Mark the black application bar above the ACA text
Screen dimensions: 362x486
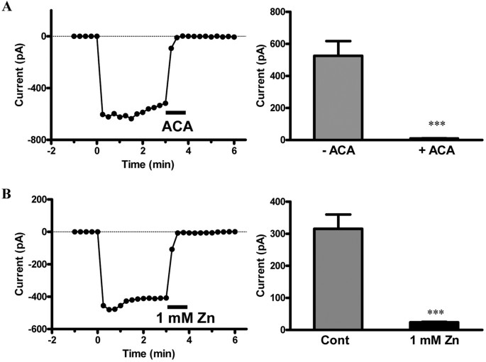tap(175, 112)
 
